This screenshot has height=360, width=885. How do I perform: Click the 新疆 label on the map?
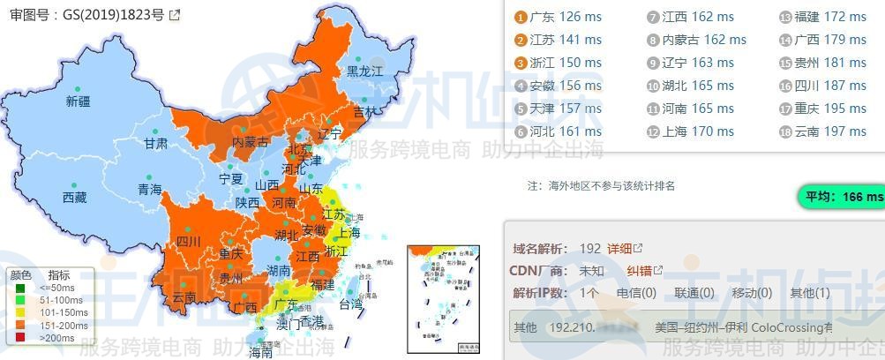tap(79, 101)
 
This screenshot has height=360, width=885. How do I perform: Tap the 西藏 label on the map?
tap(75, 198)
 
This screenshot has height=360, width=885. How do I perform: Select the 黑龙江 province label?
tap(364, 71)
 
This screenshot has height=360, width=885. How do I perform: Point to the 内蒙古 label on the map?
tap(251, 142)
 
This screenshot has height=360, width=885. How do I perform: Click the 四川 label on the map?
tap(188, 241)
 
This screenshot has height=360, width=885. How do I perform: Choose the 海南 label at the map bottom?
tap(259, 353)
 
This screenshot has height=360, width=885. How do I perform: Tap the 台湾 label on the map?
tap(350, 304)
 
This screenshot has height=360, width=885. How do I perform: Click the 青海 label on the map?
tap(149, 189)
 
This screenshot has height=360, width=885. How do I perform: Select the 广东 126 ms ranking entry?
tap(565, 17)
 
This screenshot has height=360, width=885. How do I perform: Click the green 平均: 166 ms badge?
tap(840, 197)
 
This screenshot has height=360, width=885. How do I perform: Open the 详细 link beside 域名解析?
tap(624, 249)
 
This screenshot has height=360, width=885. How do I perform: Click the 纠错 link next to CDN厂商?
tap(644, 271)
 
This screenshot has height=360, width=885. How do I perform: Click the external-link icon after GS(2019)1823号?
tap(175, 15)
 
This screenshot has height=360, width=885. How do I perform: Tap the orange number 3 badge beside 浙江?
tap(521, 63)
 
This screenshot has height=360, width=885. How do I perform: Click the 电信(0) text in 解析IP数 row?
tap(635, 293)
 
